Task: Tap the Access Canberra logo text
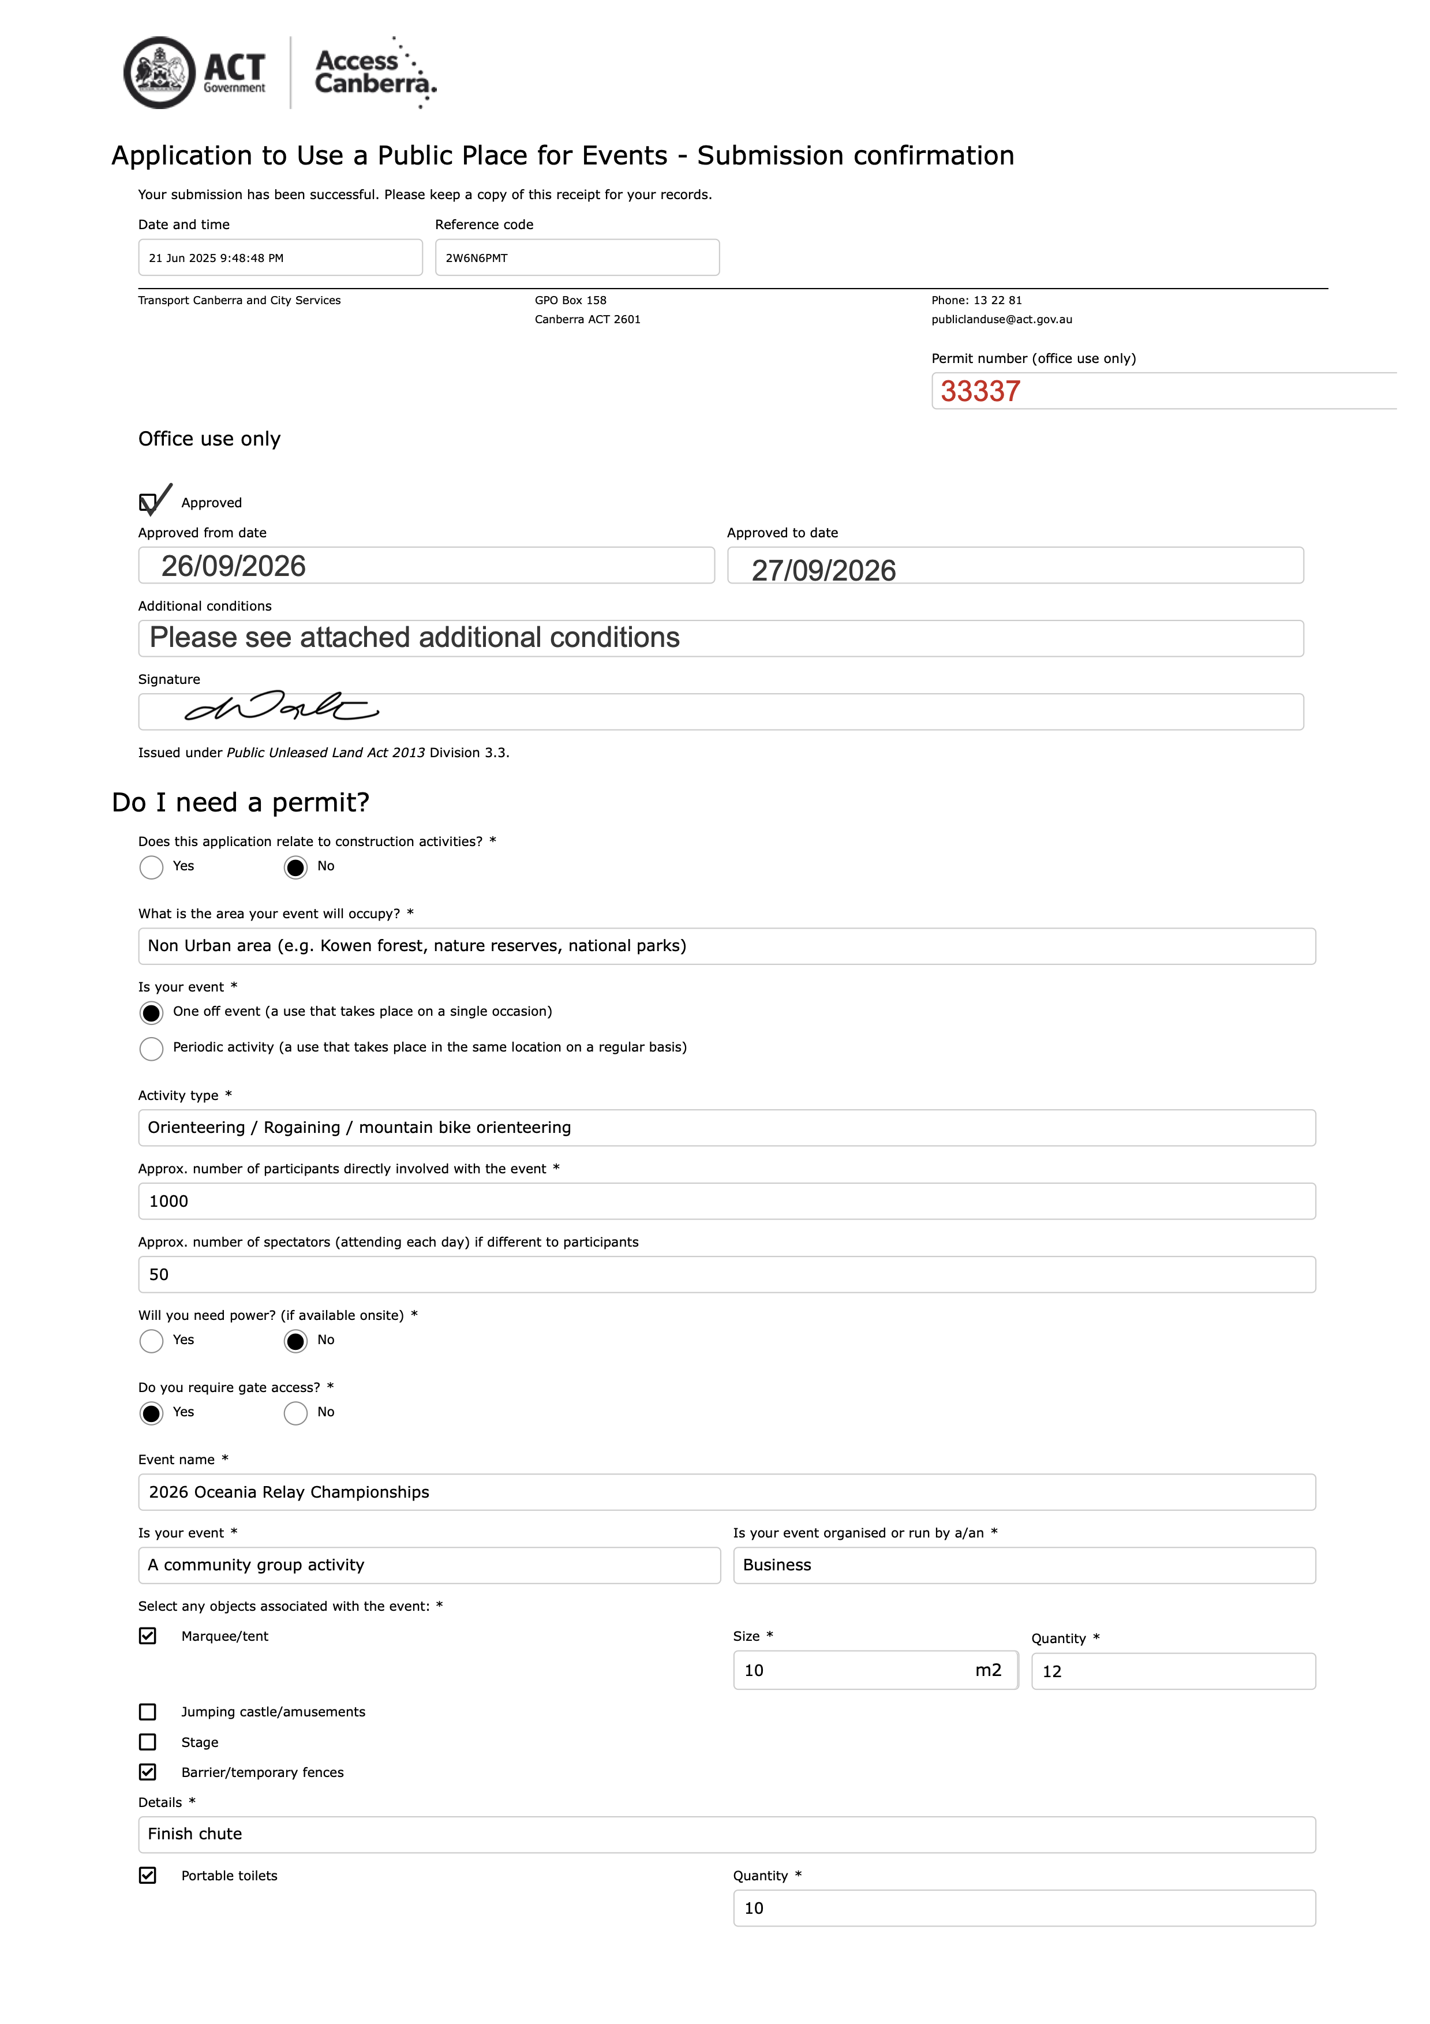[375, 72]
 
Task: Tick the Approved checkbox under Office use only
[148, 503]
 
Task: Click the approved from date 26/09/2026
[234, 566]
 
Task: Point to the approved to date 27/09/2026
[823, 570]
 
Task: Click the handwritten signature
[280, 707]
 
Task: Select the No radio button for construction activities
[295, 867]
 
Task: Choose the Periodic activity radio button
[152, 1048]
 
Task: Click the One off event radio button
[152, 1013]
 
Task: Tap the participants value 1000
[169, 1202]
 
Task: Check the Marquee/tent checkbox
[148, 1636]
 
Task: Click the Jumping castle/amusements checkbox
[148, 1712]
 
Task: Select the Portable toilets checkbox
[148, 1875]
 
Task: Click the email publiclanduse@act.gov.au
[1002, 320]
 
